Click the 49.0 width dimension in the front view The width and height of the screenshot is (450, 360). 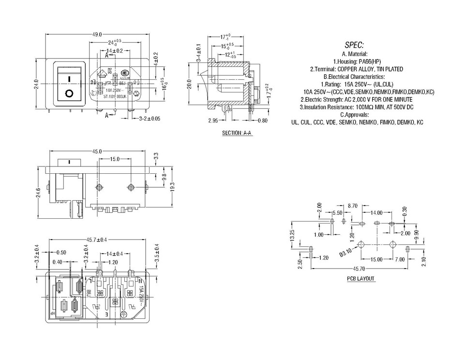(x=97, y=34)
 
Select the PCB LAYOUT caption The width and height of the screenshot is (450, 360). (x=360, y=279)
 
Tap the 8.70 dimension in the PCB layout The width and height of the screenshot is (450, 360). (x=352, y=206)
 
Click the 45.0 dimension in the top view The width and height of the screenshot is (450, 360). (x=98, y=151)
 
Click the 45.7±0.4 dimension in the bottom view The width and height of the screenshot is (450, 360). (x=97, y=240)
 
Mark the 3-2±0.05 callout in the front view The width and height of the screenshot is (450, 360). (x=149, y=118)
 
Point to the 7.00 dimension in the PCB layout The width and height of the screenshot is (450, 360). (x=399, y=260)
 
